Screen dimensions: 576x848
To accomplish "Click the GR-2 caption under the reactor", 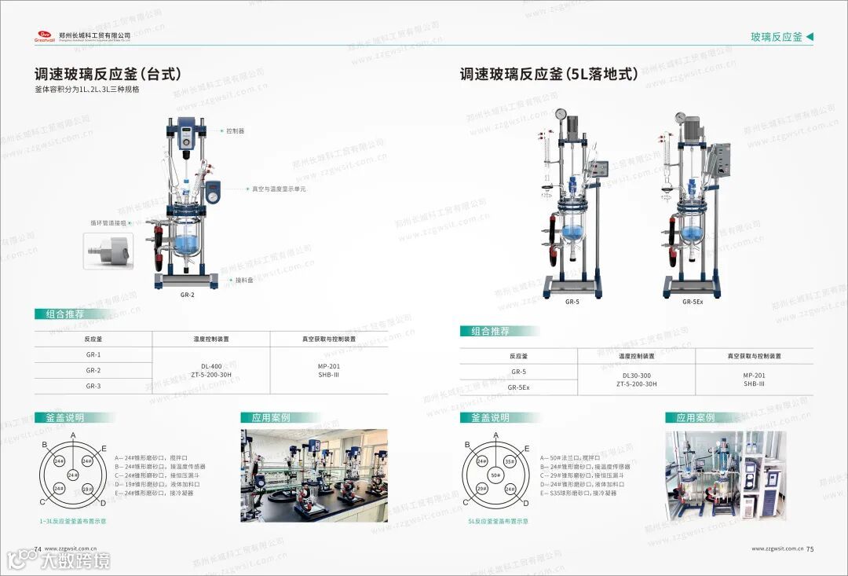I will point(187,295).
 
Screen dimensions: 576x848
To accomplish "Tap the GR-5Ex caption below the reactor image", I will point(693,302).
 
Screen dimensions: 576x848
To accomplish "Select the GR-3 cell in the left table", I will point(93,386).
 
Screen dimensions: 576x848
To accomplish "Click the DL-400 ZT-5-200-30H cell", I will point(211,370).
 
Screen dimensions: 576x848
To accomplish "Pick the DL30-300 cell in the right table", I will point(636,380).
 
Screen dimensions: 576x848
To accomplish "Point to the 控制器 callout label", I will point(236,131).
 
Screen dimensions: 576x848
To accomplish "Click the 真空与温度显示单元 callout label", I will point(279,189).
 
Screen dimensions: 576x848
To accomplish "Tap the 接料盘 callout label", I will point(243,280).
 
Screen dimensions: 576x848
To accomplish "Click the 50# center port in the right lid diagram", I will point(495,475).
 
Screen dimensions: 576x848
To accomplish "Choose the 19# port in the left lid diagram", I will point(88,489).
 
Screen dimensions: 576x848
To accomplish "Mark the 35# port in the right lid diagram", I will point(510,462).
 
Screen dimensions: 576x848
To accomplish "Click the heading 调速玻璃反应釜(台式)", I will point(108,75).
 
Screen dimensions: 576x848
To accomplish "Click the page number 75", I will point(810,549).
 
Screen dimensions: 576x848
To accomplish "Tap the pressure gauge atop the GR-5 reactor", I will point(561,114).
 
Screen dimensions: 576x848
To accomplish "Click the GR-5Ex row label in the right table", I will point(518,387).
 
